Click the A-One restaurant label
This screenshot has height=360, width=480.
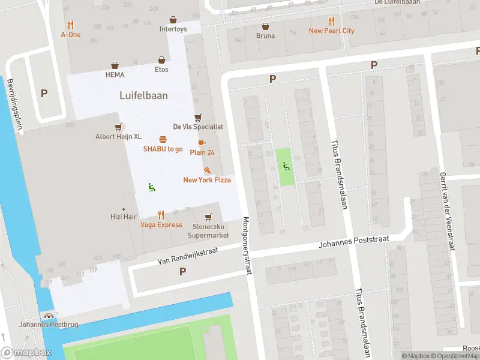pyautogui.click(x=71, y=35)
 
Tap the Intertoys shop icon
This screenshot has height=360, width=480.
pyautogui.click(x=173, y=20)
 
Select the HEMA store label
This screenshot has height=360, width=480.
pyautogui.click(x=115, y=74)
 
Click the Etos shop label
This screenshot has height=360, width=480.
pyautogui.click(x=161, y=70)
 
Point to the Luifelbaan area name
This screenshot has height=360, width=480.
pyautogui.click(x=143, y=95)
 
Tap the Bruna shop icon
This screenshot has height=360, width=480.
pyautogui.click(x=265, y=26)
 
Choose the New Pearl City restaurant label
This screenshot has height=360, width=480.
pyautogui.click(x=331, y=31)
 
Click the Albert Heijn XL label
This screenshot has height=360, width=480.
pyautogui.click(x=118, y=137)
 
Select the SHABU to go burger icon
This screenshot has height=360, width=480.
pyautogui.click(x=163, y=139)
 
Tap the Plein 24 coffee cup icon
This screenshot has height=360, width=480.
pyautogui.click(x=202, y=143)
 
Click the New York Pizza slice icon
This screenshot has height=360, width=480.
pyautogui.click(x=207, y=170)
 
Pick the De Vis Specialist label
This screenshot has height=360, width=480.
pyautogui.click(x=198, y=127)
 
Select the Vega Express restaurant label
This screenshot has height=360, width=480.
pyautogui.click(x=161, y=225)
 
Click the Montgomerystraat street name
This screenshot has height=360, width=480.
pyautogui.click(x=247, y=245)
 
